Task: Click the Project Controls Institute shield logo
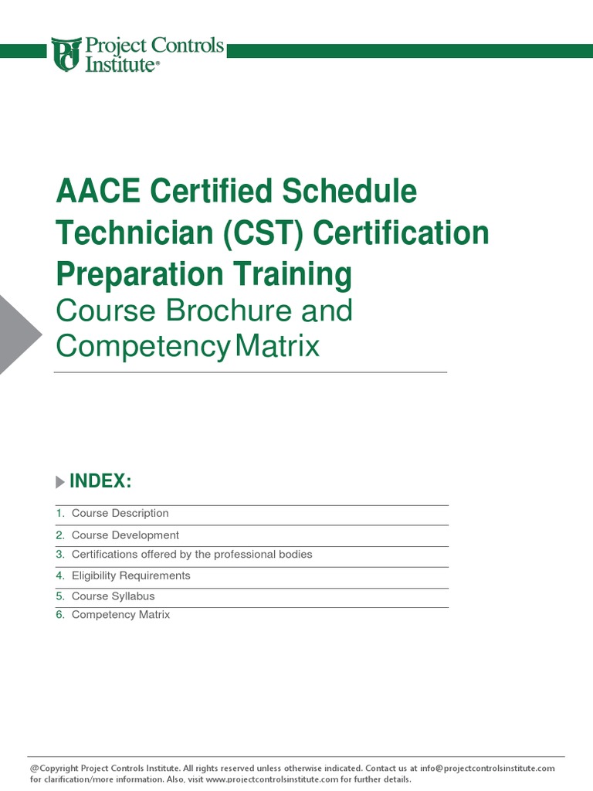click(66, 54)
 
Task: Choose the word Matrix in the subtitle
click(276, 346)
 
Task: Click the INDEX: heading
click(100, 482)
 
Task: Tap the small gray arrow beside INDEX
click(60, 483)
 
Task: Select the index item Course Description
click(120, 514)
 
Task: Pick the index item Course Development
click(125, 535)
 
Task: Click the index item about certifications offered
click(191, 555)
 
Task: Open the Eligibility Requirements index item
click(130, 575)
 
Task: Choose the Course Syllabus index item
click(113, 596)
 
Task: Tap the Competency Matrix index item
click(120, 615)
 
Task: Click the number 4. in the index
click(60, 575)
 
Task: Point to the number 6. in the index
click(60, 615)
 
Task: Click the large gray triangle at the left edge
click(17, 334)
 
